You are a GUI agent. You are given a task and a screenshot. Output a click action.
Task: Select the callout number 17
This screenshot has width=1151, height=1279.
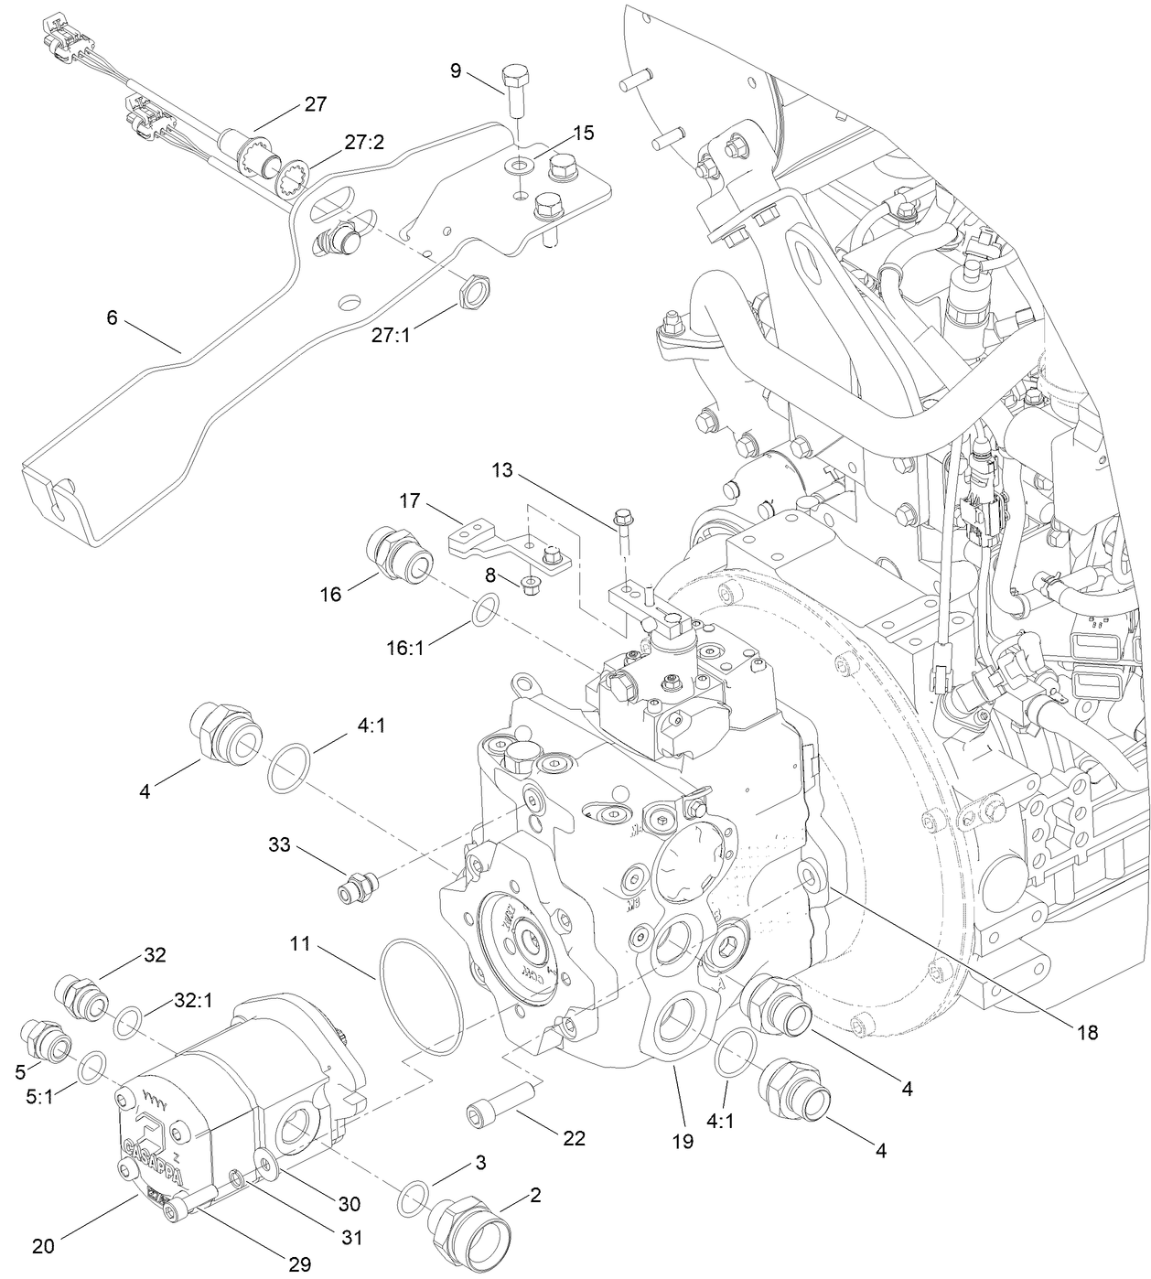tap(410, 501)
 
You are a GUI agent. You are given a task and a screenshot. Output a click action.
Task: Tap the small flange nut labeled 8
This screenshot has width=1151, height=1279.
tap(528, 583)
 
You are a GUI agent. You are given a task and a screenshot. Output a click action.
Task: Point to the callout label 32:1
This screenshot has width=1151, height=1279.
tap(193, 1001)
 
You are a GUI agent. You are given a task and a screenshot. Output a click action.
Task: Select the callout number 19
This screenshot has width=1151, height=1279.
tap(683, 1140)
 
